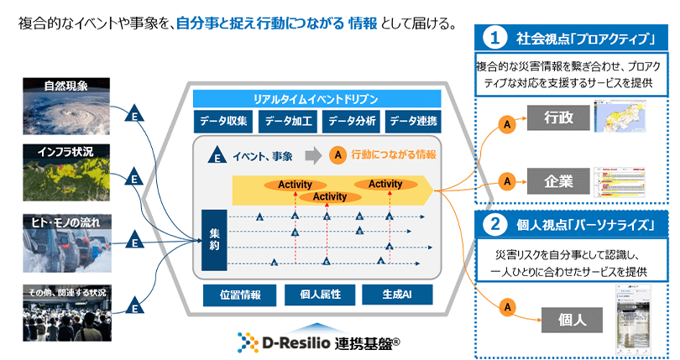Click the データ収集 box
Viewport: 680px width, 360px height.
(223, 121)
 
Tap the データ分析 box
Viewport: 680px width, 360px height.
(351, 121)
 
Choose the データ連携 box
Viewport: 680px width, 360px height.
(414, 121)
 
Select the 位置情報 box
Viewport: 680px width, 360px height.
(239, 295)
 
